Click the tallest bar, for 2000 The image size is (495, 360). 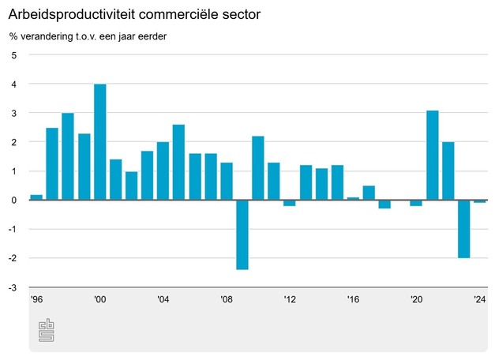pyautogui.click(x=99, y=142)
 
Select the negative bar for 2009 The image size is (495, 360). pyautogui.click(x=242, y=234)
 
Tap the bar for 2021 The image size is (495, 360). pyautogui.click(x=432, y=156)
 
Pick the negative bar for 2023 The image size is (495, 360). pyautogui.click(x=463, y=229)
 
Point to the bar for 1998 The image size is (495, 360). pyautogui.click(x=68, y=156)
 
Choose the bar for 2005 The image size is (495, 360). pyautogui.click(x=178, y=163)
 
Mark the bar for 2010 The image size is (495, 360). pyautogui.click(x=258, y=168)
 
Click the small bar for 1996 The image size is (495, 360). pyautogui.click(x=36, y=197)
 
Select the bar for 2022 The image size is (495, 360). pyautogui.click(x=448, y=171)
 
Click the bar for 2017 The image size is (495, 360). pyautogui.click(x=369, y=193)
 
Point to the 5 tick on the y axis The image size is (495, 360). pyautogui.click(x=13, y=54)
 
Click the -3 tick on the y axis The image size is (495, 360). pyautogui.click(x=12, y=287)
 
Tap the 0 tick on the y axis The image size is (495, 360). pyautogui.click(x=13, y=200)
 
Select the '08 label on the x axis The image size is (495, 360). pyautogui.click(x=227, y=300)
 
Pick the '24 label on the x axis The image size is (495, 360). pyautogui.click(x=479, y=300)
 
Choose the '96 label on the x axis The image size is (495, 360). pyautogui.click(x=36, y=300)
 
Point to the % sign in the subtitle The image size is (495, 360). pyautogui.click(x=13, y=36)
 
